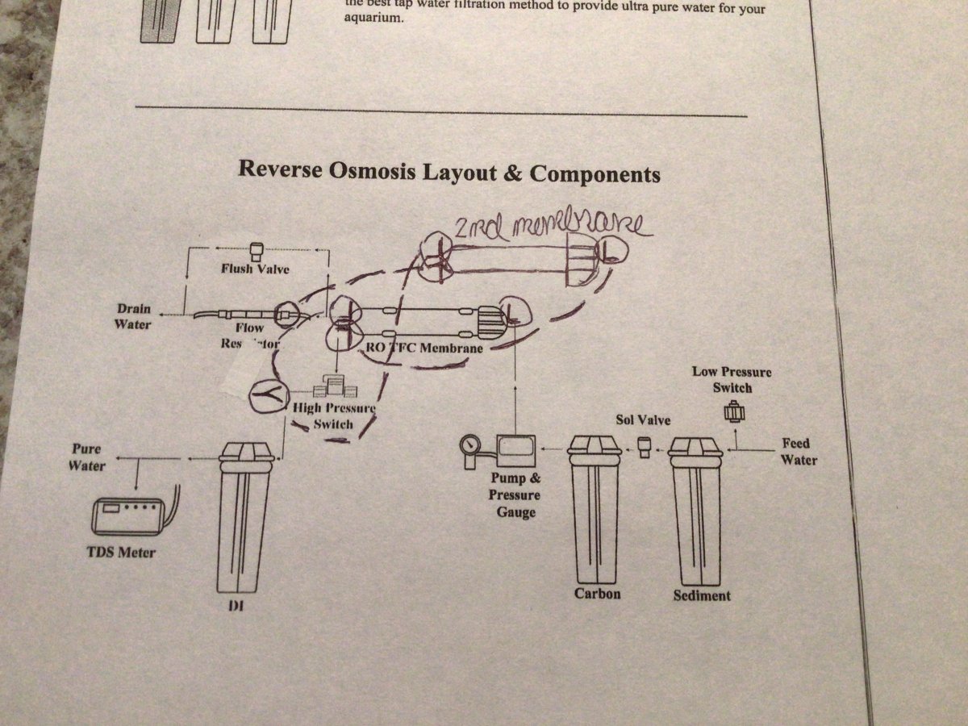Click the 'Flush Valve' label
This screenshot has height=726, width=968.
(x=256, y=269)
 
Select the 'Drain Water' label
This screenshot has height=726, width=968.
(x=133, y=317)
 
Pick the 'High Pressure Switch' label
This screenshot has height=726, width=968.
(x=332, y=416)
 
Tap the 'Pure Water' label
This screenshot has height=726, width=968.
(x=86, y=457)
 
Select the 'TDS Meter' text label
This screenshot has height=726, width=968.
(x=121, y=553)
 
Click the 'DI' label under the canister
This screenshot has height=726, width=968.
(x=237, y=605)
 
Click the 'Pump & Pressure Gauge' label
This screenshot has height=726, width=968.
(x=514, y=494)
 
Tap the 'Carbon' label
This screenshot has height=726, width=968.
(x=597, y=594)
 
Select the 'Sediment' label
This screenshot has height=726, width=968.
(x=701, y=595)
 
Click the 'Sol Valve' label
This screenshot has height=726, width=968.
(x=643, y=420)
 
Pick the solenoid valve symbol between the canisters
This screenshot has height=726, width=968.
(x=645, y=446)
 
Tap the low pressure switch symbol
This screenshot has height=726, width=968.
(x=735, y=413)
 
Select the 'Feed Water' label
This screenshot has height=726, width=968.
(x=799, y=452)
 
